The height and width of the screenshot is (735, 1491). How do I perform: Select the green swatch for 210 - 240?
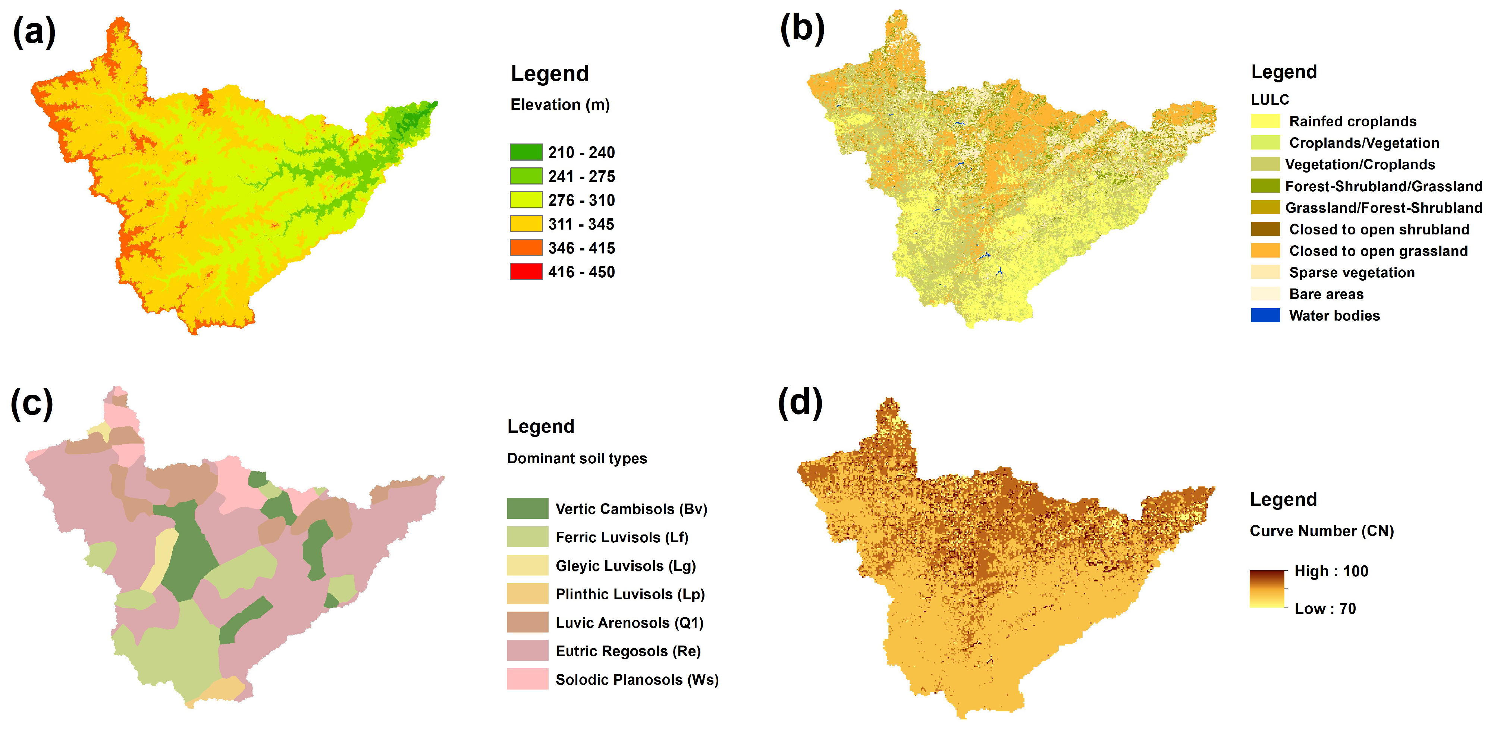(525, 152)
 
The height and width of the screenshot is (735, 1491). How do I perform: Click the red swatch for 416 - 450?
(525, 271)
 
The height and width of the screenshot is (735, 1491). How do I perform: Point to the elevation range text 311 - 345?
(581, 224)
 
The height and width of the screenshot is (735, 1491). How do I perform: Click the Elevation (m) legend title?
(560, 105)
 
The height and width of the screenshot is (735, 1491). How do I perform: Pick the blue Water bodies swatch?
(1265, 315)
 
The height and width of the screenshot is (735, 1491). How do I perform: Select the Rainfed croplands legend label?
(1352, 122)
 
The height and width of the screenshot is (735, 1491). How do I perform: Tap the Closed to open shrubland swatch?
(1265, 229)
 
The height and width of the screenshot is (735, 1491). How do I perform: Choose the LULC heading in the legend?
(1270, 100)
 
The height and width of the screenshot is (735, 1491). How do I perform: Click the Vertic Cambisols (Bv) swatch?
(527, 508)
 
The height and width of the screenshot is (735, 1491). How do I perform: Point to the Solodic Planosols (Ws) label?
(637, 679)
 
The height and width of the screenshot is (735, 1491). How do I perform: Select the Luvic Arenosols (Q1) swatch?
(527, 622)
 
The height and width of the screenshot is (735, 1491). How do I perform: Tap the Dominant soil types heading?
(577, 458)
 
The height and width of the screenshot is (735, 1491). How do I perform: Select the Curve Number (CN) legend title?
(1321, 531)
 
